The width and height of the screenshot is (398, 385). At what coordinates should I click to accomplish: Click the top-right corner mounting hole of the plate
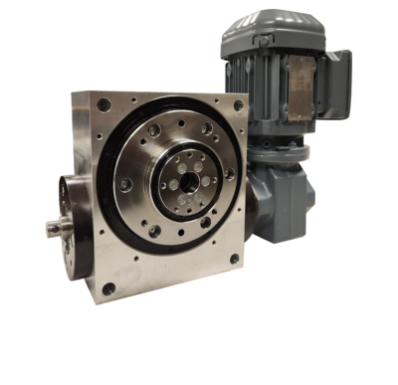[239, 102]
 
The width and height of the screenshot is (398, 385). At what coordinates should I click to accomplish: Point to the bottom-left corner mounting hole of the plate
[106, 289]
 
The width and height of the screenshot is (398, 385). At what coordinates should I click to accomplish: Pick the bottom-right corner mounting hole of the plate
[235, 261]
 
